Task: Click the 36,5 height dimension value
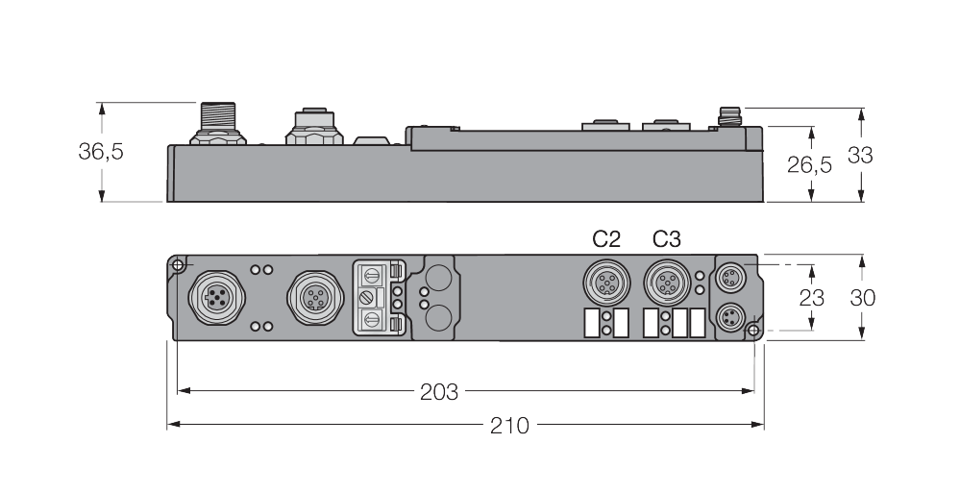point(101,153)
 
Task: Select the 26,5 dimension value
point(809,164)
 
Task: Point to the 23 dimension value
point(812,297)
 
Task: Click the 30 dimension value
point(863,297)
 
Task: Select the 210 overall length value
point(509,425)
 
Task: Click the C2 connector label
point(605,239)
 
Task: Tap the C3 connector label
point(666,239)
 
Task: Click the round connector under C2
point(605,282)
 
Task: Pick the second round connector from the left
point(311,299)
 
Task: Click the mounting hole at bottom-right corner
point(753,332)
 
